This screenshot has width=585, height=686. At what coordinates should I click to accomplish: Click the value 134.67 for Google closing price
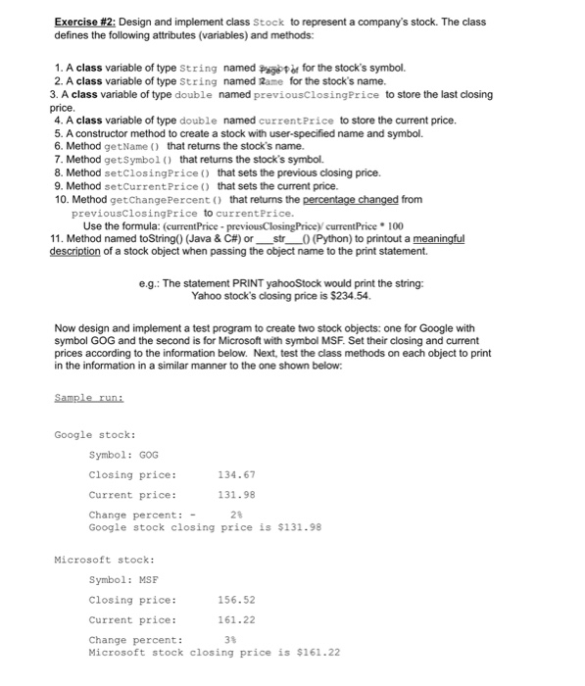pyautogui.click(x=236, y=474)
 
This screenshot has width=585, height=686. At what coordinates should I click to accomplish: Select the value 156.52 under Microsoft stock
pyautogui.click(x=236, y=600)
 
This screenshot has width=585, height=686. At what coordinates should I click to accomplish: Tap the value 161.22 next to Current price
pyautogui.click(x=236, y=620)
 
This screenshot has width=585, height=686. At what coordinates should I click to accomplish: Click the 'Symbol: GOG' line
pyautogui.click(x=123, y=454)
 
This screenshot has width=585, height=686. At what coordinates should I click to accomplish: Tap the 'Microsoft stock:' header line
pyautogui.click(x=104, y=559)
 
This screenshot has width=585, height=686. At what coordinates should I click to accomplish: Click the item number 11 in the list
pyautogui.click(x=56, y=238)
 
